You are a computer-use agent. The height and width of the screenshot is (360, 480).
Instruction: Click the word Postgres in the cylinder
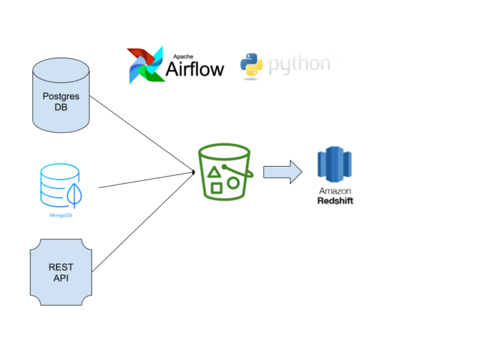coord(61,96)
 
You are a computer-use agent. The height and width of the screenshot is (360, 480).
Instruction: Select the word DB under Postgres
coord(61,107)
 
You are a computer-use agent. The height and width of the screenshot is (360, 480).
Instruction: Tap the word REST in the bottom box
coord(61,267)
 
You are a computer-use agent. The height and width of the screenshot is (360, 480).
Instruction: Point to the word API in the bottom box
coord(61,278)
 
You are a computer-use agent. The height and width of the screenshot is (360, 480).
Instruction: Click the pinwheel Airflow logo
coord(146,65)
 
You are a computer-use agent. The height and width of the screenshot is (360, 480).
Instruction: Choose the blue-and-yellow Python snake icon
coord(252,64)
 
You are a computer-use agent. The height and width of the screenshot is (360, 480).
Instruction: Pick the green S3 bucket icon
coord(224,171)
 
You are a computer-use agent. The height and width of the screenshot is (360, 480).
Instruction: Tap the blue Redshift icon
coord(335,165)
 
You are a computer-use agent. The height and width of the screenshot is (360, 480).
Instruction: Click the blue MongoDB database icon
coord(60,186)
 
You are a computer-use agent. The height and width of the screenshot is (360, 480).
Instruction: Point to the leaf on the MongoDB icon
coord(74,197)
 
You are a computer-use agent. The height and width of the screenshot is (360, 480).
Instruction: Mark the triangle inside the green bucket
coord(214,172)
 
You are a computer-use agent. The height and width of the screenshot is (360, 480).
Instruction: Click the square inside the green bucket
coord(217,187)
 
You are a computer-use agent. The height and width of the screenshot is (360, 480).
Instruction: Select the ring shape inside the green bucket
coord(233,183)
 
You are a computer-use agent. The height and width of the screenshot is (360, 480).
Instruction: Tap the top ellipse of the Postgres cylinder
coord(61,71)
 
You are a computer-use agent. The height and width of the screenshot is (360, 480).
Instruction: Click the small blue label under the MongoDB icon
coord(61,215)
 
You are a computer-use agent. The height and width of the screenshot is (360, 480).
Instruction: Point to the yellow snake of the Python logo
coord(255,68)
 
